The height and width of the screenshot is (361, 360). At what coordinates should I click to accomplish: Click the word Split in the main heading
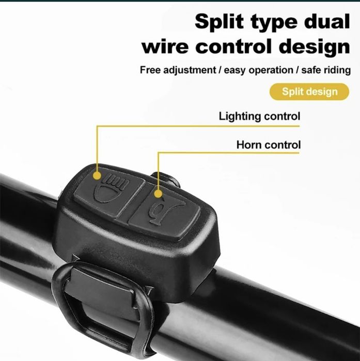[219, 21]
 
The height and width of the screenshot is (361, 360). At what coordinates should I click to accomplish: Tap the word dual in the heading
[326, 21]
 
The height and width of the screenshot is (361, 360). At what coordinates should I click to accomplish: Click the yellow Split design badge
[309, 91]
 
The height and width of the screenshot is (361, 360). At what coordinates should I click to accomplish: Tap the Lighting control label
[259, 116]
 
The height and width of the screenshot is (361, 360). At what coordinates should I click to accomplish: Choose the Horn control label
[269, 145]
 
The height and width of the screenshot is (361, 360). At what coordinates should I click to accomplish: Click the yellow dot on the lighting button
[97, 176]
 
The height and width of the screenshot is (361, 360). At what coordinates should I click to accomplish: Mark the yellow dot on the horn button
[158, 193]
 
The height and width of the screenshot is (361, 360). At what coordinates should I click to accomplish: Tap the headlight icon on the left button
[111, 189]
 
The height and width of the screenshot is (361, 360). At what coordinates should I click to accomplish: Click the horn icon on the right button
[166, 210]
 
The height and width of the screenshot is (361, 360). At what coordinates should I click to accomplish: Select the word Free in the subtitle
[150, 70]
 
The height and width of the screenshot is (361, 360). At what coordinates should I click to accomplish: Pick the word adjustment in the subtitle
[190, 70]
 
